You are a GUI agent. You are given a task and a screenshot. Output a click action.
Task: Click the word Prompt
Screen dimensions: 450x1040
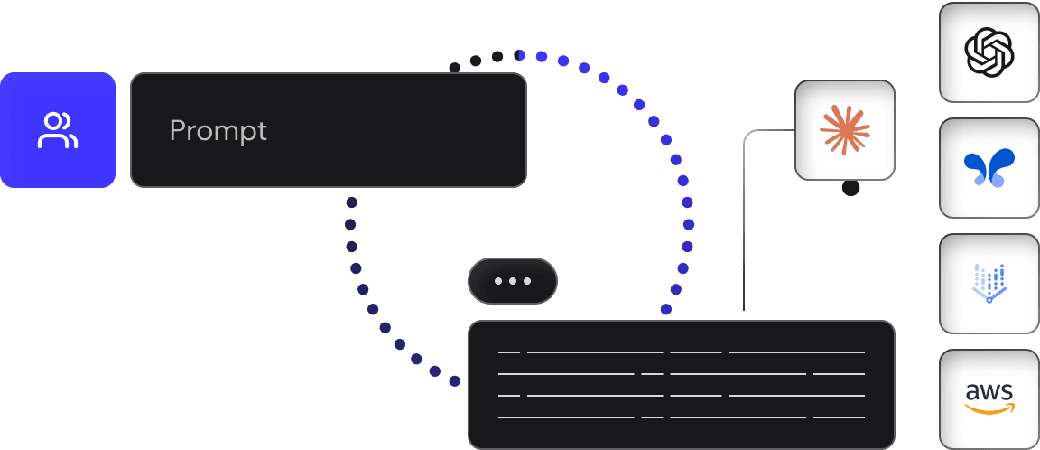pyautogui.click(x=218, y=131)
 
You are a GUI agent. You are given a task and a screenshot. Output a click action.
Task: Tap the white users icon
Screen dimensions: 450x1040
pyautogui.click(x=58, y=130)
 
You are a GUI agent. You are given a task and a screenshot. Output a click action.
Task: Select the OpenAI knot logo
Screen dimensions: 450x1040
pyautogui.click(x=989, y=52)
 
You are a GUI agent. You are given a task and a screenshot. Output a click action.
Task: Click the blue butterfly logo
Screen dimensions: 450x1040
pyautogui.click(x=989, y=169)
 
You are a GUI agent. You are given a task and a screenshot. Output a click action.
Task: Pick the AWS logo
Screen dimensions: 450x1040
pyautogui.click(x=989, y=398)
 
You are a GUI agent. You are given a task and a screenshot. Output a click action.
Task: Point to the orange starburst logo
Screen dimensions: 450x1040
pyautogui.click(x=845, y=129)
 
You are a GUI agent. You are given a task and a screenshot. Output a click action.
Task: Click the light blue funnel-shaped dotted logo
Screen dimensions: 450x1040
pyautogui.click(x=989, y=283)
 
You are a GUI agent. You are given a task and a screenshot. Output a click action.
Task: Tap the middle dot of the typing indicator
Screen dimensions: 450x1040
pyautogui.click(x=513, y=281)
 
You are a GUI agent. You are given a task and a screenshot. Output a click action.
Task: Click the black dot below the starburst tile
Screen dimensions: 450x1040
pyautogui.click(x=850, y=188)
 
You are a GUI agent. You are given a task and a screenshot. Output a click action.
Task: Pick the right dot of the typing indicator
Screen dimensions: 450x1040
pyautogui.click(x=527, y=281)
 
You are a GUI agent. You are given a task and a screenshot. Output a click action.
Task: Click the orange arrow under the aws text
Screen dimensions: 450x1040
pyautogui.click(x=989, y=409)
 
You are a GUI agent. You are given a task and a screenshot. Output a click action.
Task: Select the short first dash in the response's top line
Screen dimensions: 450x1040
pyautogui.click(x=508, y=351)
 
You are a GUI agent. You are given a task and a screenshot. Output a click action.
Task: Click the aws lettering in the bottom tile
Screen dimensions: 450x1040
pyautogui.click(x=989, y=392)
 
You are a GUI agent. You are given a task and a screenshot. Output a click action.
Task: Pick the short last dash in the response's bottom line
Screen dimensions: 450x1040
pyautogui.click(x=839, y=417)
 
